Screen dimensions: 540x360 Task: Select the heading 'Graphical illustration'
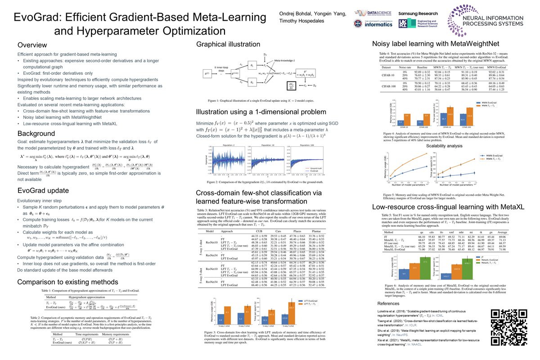[228, 44]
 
